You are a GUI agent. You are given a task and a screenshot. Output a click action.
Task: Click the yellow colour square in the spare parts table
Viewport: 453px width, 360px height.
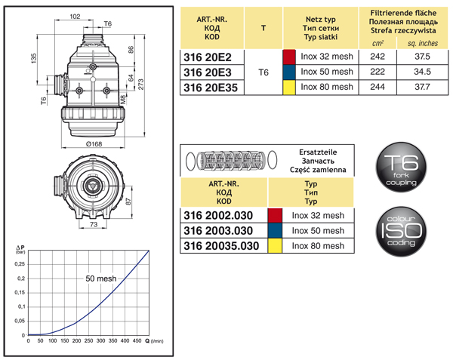[276, 246]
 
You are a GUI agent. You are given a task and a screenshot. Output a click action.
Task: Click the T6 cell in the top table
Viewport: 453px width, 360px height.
[263, 72]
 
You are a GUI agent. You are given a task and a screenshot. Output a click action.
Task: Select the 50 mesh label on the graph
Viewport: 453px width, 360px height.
[100, 278]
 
